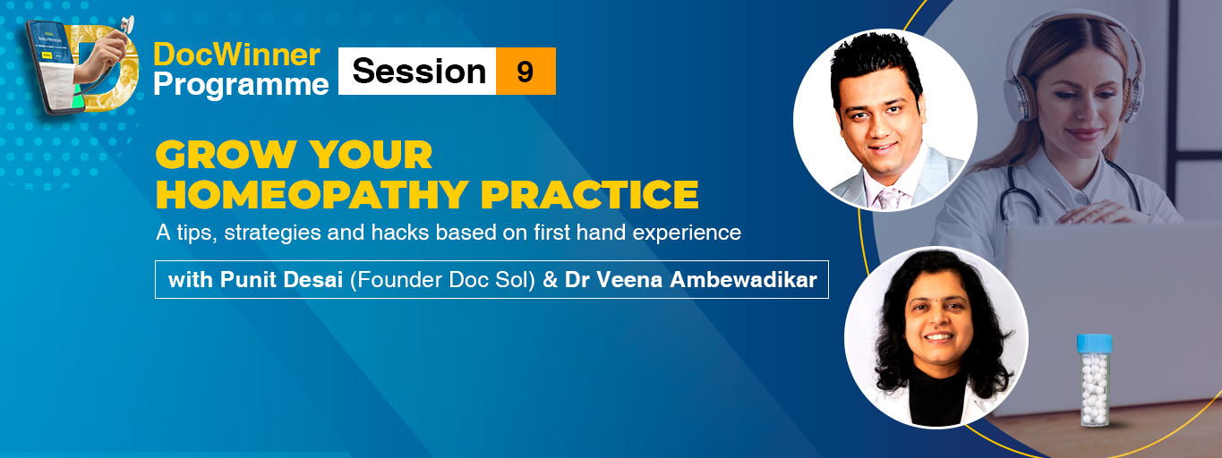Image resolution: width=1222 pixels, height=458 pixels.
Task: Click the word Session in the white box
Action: tap(419, 72)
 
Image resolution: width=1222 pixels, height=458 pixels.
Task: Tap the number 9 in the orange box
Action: tap(525, 72)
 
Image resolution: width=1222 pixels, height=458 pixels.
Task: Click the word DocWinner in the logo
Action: tap(236, 55)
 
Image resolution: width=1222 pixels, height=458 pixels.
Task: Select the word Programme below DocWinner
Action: tap(241, 85)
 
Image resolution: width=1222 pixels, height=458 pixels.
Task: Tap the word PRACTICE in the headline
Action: tap(590, 195)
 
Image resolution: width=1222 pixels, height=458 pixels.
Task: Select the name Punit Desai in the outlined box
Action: tap(281, 280)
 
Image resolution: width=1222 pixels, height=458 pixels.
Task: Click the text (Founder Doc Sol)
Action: tap(442, 280)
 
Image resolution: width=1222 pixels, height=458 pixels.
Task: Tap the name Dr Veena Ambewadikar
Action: tap(690, 280)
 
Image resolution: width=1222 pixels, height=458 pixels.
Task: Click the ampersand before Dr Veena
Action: tap(550, 280)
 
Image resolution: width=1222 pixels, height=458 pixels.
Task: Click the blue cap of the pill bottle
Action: tap(1094, 343)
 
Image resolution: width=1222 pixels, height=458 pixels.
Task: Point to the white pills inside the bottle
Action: tap(1094, 386)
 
